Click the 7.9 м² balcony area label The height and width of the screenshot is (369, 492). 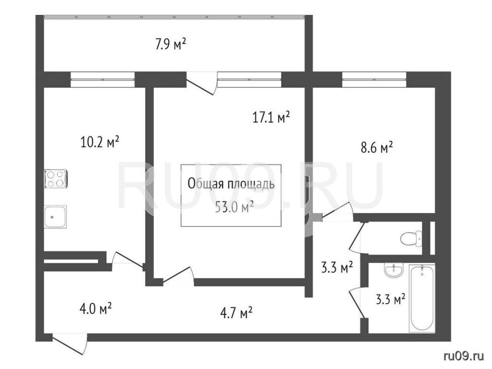point(171,44)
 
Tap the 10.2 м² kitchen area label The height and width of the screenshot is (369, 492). point(100,142)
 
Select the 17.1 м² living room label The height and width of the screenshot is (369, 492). point(271,117)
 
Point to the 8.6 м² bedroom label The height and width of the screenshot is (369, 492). point(377,147)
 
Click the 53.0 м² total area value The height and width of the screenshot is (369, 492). point(234,208)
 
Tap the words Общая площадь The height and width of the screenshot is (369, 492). point(231,184)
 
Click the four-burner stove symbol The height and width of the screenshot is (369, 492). point(56,179)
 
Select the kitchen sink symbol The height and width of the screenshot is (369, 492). point(55,217)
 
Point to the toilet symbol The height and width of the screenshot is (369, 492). point(411,238)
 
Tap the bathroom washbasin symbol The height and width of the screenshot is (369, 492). point(394,271)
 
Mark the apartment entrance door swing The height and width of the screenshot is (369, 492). point(70,344)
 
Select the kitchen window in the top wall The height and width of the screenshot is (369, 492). point(103,79)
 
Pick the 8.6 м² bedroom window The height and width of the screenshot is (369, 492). point(374,79)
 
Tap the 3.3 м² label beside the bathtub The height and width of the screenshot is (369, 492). point(390,300)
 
